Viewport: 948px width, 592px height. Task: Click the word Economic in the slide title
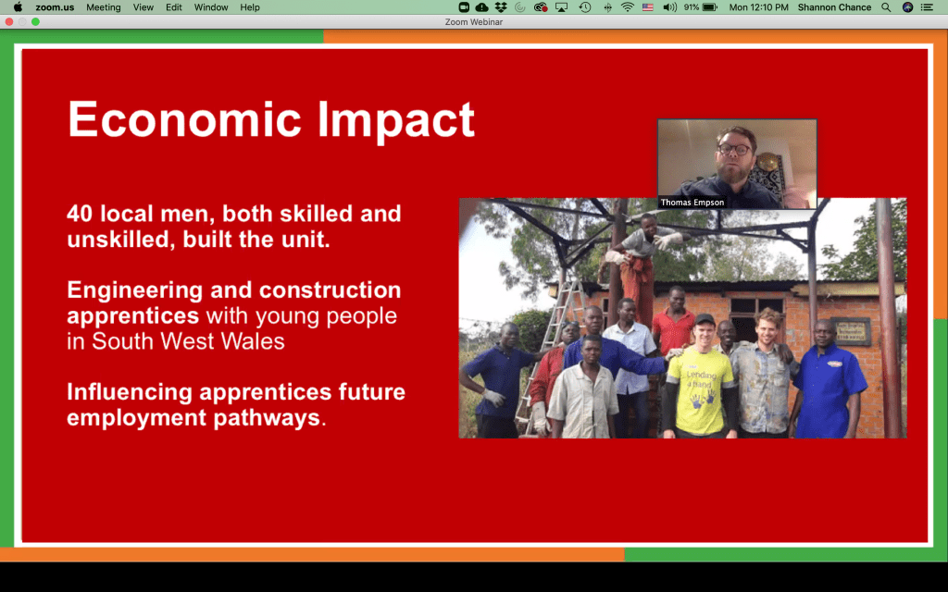pyautogui.click(x=184, y=119)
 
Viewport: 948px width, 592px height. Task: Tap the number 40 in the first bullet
pyautogui.click(x=80, y=214)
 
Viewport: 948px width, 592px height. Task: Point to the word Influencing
pyautogui.click(x=130, y=392)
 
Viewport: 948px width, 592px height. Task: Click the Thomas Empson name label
pyautogui.click(x=692, y=203)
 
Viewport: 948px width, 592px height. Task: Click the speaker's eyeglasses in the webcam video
pyautogui.click(x=734, y=149)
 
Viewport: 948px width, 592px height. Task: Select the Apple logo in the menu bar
pyautogui.click(x=18, y=7)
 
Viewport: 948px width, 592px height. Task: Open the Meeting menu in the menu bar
pyautogui.click(x=104, y=7)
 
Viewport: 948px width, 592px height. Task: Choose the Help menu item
pyautogui.click(x=250, y=7)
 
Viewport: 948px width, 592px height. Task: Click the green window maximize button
pyautogui.click(x=36, y=22)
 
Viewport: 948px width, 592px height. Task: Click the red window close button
pyautogui.click(x=9, y=22)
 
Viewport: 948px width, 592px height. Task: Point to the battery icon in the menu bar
pyautogui.click(x=710, y=7)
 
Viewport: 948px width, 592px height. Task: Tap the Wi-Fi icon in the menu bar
pyautogui.click(x=628, y=7)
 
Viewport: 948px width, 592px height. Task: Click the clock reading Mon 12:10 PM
pyautogui.click(x=759, y=7)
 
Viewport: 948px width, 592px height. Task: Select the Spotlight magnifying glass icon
pyautogui.click(x=886, y=7)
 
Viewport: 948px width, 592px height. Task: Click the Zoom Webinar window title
pyautogui.click(x=474, y=22)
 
